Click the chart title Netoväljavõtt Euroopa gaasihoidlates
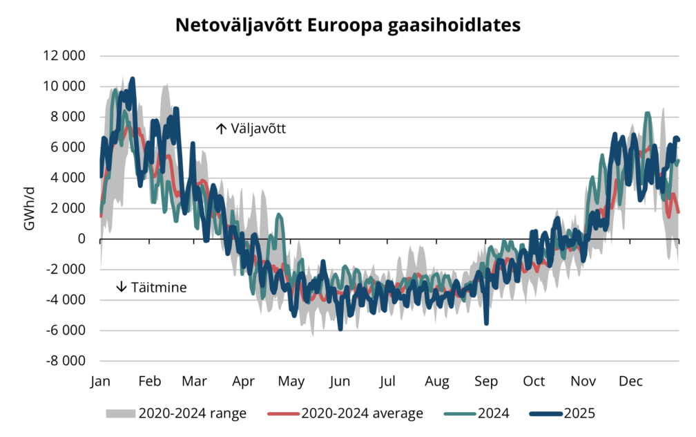click(347, 26)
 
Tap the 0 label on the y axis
click(81, 239)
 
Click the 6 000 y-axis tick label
click(70, 147)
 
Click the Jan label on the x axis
click(100, 382)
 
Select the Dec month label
click(630, 382)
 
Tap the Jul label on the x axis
click(388, 382)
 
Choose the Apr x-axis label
click(244, 382)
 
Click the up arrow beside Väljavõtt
click(221, 129)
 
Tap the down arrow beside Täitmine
click(122, 287)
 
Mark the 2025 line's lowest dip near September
click(486, 322)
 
